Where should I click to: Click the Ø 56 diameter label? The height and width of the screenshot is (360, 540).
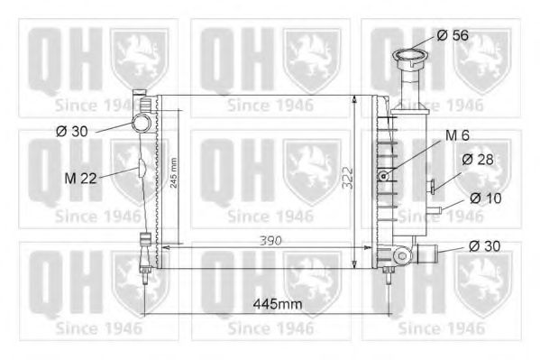(453, 35)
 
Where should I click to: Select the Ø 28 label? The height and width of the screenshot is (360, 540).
(477, 160)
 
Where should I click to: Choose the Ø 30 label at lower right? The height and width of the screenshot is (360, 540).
(484, 245)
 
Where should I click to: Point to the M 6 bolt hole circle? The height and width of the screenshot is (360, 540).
(385, 174)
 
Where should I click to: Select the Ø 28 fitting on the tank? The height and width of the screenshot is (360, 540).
(434, 188)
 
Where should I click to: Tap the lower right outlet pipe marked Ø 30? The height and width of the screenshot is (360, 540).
(427, 253)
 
